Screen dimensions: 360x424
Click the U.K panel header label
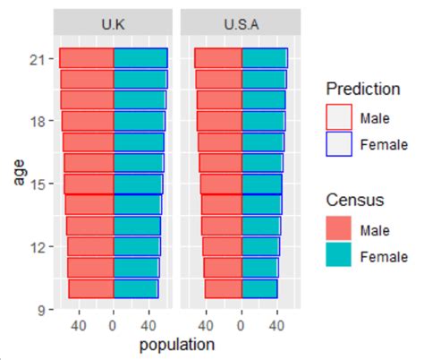point(113,25)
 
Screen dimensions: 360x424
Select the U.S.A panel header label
point(241,25)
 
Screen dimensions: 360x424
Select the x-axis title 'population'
point(176,344)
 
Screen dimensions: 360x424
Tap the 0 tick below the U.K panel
point(113,326)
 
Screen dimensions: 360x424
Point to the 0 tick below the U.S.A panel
point(241,326)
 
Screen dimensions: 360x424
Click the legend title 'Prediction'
point(361,89)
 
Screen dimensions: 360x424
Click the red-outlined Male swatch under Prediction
point(338,117)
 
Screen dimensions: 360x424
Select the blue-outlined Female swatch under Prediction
point(338,143)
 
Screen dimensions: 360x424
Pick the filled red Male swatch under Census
point(338,229)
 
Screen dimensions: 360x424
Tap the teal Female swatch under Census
point(338,256)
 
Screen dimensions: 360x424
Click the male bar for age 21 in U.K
point(86,58)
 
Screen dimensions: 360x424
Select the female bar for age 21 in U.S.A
point(264,58)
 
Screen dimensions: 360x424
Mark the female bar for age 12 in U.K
point(135,246)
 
